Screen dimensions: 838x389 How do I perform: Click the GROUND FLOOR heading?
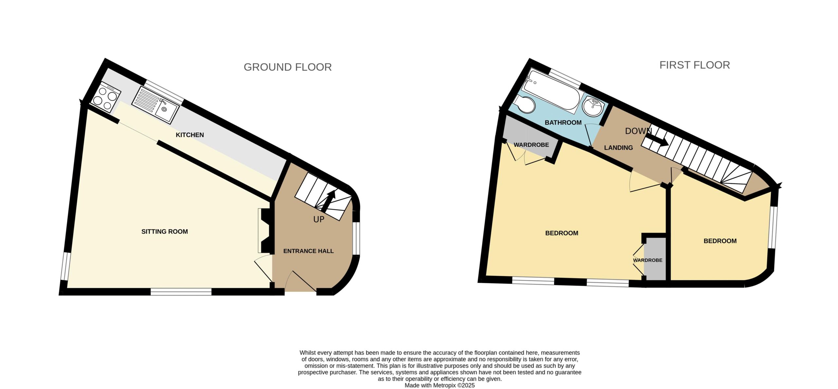288,67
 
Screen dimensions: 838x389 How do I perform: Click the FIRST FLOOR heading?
695,65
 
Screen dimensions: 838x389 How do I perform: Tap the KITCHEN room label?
190,135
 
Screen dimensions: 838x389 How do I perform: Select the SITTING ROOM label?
165,232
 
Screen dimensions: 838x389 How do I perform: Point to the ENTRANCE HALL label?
308,251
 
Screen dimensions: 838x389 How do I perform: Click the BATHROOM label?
563,122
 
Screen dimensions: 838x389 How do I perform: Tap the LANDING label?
618,148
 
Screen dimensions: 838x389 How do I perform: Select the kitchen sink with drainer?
155,105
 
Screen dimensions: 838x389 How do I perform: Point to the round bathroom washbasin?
593,107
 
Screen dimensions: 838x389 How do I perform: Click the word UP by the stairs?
319,219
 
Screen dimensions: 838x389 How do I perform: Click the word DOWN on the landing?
638,131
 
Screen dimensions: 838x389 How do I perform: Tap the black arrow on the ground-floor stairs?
328,201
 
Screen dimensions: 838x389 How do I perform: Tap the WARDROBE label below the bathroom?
531,145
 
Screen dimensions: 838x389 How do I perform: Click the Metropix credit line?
440,385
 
